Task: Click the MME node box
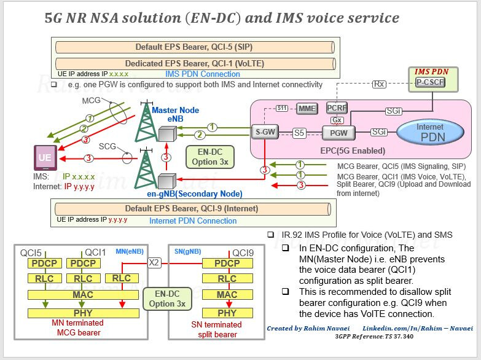[x=307, y=108]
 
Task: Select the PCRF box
[x=337, y=108]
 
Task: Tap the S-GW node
[x=265, y=132]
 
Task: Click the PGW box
[x=338, y=133]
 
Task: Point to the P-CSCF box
[x=430, y=82]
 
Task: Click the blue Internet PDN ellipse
[x=430, y=132]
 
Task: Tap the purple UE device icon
[x=45, y=158]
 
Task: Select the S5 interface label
[x=299, y=133]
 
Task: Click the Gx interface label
[x=337, y=120]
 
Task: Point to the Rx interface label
[x=379, y=84]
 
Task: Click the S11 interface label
[x=281, y=108]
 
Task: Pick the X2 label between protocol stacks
[x=154, y=263]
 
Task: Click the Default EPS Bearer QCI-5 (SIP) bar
[x=195, y=47]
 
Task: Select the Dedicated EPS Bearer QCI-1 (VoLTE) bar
[x=195, y=63]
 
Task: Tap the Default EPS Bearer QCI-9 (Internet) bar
[x=193, y=209]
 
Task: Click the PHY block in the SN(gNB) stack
[x=227, y=313]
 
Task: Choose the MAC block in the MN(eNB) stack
[x=83, y=295]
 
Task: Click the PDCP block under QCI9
[x=227, y=264]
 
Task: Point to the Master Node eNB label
[x=176, y=114]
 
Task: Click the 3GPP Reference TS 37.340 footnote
[x=374, y=337]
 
